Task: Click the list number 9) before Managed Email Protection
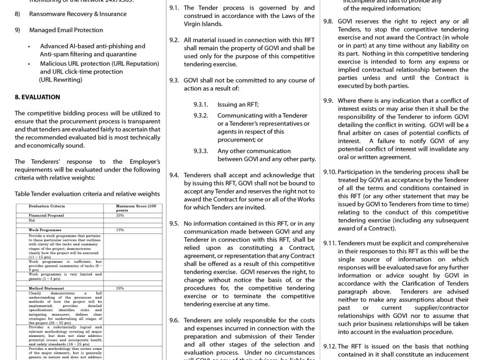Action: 17,30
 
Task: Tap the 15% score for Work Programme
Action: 120,230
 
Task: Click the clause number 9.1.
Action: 174,8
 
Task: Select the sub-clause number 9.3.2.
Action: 201,115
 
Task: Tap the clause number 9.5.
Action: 174,223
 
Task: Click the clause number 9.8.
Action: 328,20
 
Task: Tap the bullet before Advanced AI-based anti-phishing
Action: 29,46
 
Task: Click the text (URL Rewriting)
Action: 61,80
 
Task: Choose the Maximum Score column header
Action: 135,208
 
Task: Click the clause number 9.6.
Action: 174,320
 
